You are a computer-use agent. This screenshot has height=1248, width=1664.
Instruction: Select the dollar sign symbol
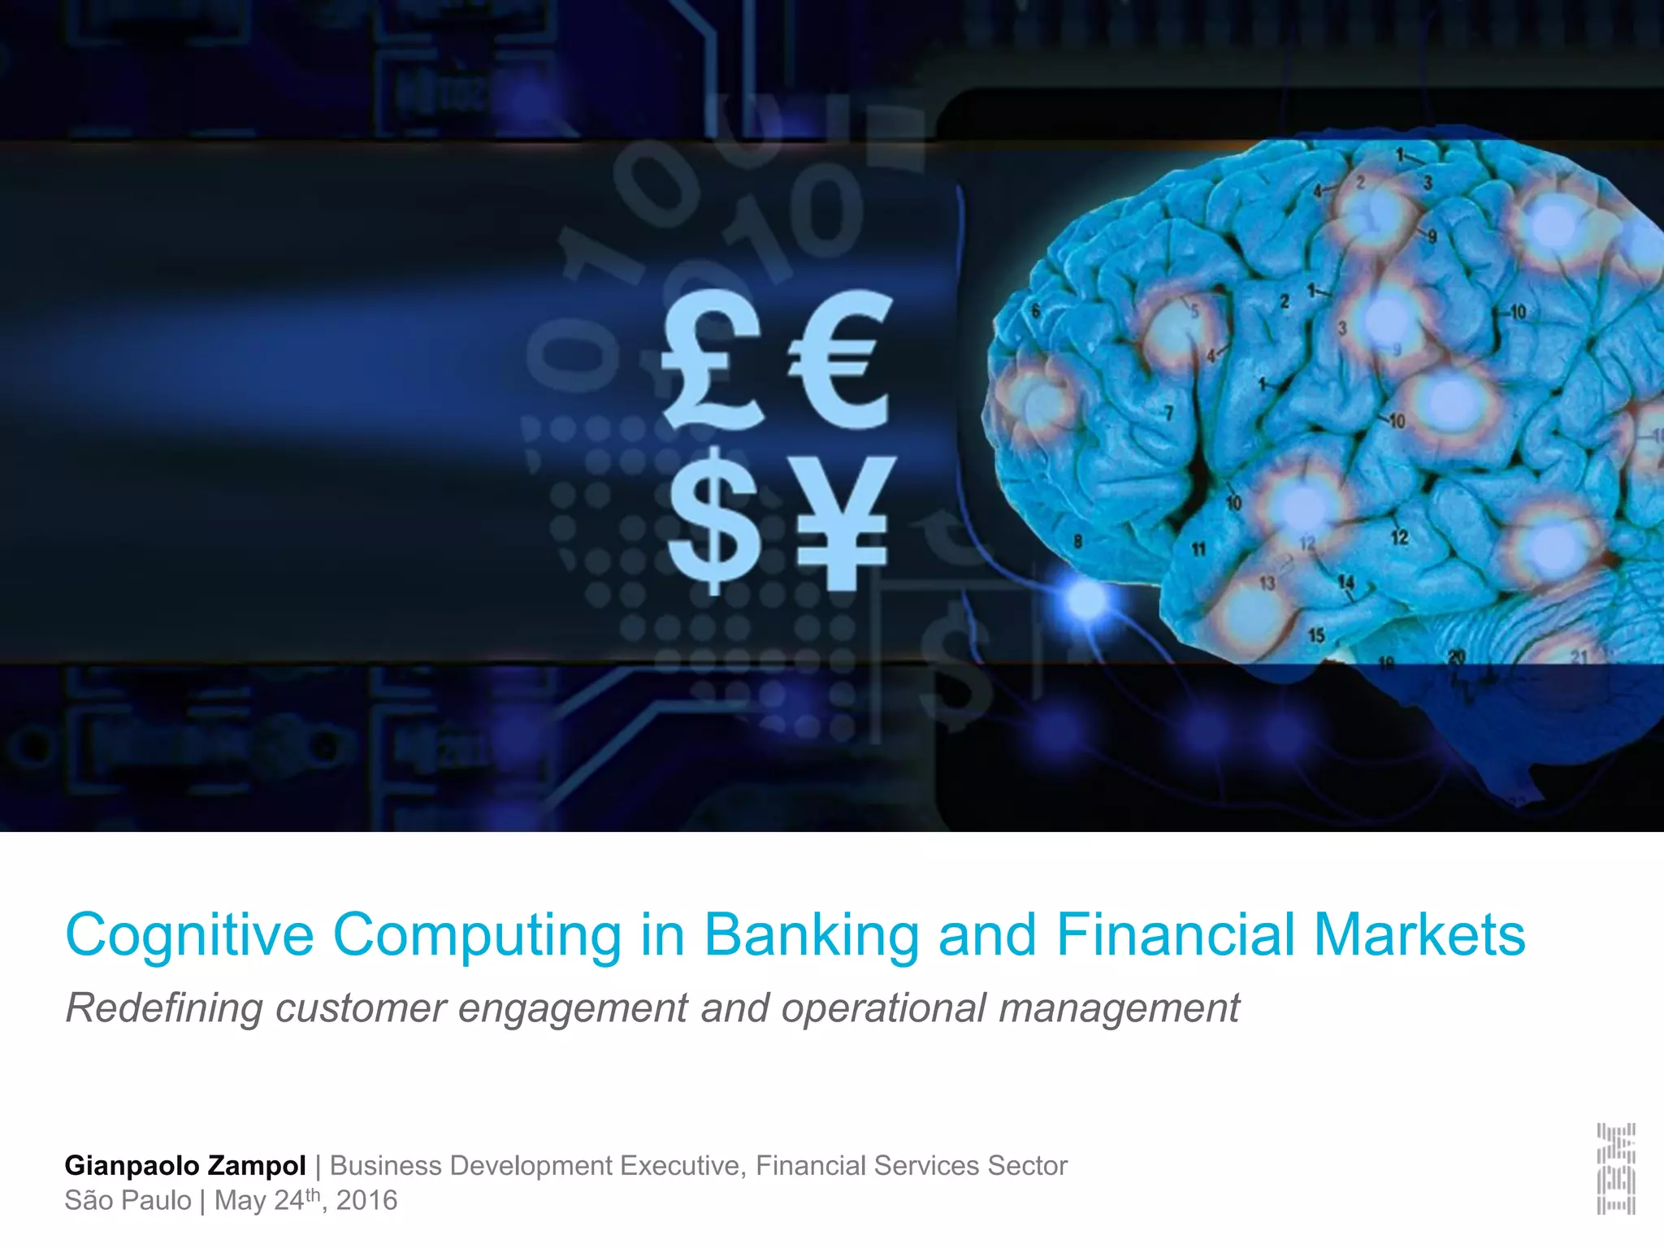coord(713,520)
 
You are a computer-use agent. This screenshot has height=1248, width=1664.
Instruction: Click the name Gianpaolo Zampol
coord(185,1165)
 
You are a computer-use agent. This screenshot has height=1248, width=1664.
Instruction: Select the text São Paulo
coord(128,1200)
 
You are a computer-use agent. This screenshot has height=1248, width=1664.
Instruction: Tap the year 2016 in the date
coord(366,1200)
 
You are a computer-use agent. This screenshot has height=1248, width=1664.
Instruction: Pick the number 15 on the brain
coord(1316,635)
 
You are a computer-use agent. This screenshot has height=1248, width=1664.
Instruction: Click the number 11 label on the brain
coord(1198,550)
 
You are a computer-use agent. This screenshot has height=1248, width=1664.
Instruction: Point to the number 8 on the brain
coord(1078,541)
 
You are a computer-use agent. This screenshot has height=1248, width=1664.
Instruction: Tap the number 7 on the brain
coord(1169,414)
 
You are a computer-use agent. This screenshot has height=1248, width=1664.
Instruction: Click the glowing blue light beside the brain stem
coord(1085,600)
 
